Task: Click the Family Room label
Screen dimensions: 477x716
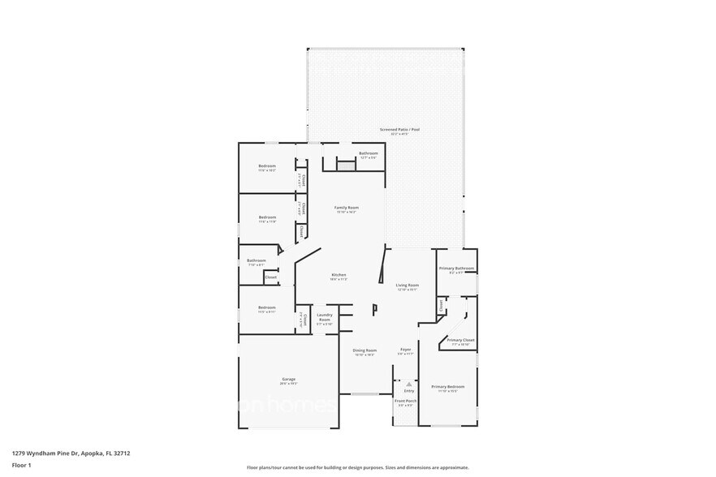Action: [x=347, y=208]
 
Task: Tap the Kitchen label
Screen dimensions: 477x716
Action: [x=339, y=275]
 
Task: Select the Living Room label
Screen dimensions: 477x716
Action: [x=407, y=286]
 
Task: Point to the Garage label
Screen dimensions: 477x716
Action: [x=288, y=380]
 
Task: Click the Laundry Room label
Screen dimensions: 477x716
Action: [x=324, y=317]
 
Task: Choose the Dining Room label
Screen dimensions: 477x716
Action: [x=364, y=350]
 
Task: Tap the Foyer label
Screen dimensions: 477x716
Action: [x=405, y=350]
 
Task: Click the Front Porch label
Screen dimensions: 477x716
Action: [x=405, y=402]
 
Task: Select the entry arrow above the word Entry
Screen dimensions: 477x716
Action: [x=408, y=380]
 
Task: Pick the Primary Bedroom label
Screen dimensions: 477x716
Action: [x=447, y=387]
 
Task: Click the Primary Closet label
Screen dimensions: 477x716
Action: [x=460, y=341]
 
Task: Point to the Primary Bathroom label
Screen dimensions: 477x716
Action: [x=455, y=269]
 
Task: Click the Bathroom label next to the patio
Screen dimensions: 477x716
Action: [x=369, y=153]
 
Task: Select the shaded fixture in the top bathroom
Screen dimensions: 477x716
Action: [x=347, y=165]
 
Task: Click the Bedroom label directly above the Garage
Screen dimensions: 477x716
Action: [x=267, y=307]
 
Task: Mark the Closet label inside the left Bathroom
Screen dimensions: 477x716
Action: [x=270, y=277]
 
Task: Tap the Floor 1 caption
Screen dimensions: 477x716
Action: [x=21, y=465]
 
